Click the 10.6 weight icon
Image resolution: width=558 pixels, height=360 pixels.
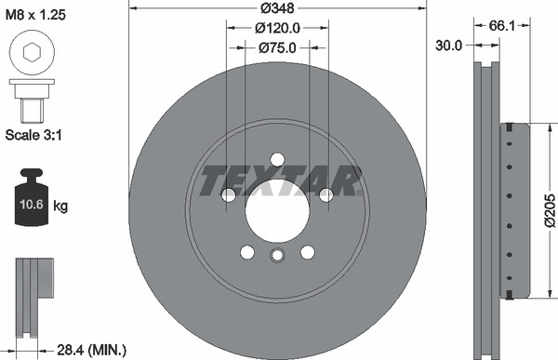click(30, 201)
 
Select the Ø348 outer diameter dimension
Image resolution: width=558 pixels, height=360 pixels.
click(277, 8)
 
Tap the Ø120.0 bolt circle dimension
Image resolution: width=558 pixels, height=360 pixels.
click(277, 28)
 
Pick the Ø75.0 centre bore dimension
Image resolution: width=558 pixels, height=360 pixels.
click(277, 47)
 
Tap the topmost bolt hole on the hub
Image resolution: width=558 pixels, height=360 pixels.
click(277, 158)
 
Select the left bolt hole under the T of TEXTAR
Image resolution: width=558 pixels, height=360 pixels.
click(229, 194)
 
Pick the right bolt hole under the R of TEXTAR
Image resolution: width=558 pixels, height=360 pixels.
click(325, 194)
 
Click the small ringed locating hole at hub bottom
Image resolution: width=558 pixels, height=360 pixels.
click(277, 257)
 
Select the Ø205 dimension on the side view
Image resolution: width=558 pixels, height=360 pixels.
click(549, 209)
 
